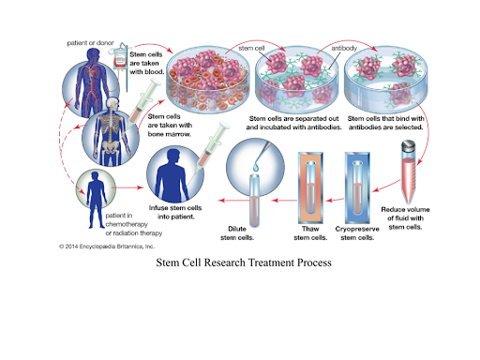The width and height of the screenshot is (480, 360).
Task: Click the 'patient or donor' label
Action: coord(91,43)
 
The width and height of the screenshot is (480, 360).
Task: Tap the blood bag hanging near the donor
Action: coord(120,57)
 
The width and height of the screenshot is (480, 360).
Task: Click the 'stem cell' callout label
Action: coord(251,48)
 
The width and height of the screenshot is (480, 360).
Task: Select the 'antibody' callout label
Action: coord(344,48)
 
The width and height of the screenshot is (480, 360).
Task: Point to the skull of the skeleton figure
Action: coord(112,104)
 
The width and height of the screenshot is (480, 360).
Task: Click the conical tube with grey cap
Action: coord(409,172)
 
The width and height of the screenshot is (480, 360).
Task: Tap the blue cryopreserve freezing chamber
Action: coord(357,187)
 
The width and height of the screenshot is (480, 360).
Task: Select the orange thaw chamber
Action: coord(310,187)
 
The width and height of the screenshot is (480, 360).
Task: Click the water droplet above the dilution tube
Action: coord(256,167)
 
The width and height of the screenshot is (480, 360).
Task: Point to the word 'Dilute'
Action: coord(237,229)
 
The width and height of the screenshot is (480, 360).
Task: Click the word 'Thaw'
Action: coord(310,229)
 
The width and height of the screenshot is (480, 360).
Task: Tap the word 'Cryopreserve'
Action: coord(357,229)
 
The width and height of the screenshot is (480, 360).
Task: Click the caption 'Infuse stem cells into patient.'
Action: coord(175,212)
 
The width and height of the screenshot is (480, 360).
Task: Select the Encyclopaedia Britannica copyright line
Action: coord(107,247)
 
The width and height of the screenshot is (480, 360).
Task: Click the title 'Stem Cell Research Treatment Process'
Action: coord(244,262)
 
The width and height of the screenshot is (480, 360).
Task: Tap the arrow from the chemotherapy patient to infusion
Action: coord(127,187)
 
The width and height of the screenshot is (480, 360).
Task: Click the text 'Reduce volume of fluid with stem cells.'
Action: coord(405,218)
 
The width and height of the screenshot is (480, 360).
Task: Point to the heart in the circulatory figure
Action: coord(92,73)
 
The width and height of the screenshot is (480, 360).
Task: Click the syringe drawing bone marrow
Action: coord(142,104)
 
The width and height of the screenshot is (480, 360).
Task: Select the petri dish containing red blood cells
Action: coord(208,80)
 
